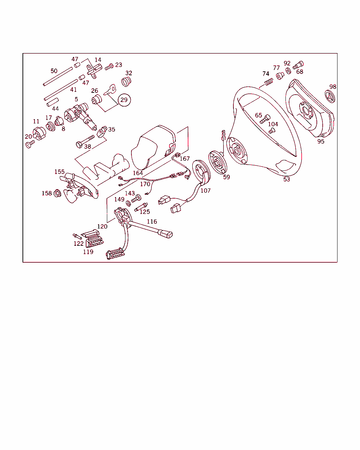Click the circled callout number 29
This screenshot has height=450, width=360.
point(124,100)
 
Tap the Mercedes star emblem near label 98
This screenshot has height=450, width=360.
point(330,96)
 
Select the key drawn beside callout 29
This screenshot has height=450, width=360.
point(110,90)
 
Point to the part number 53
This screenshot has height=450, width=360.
point(287,179)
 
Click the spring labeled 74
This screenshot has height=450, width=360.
point(269,82)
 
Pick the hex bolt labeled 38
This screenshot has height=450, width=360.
point(85,141)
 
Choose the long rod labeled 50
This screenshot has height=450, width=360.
point(58,77)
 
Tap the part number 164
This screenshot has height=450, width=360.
point(138,173)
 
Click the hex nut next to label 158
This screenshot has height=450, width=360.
point(57,193)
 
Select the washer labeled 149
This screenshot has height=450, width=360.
point(128,203)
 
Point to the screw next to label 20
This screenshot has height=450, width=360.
point(30,144)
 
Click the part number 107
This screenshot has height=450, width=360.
point(205,191)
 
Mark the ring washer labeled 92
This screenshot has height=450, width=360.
point(288,71)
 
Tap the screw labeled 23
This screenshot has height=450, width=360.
point(109,67)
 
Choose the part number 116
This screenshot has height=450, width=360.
point(152,221)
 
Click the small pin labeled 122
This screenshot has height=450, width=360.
point(77,237)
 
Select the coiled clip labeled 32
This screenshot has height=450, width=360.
point(126,81)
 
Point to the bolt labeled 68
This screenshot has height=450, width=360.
point(298,65)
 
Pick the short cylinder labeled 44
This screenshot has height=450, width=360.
point(52,102)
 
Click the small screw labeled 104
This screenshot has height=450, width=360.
point(272,131)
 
